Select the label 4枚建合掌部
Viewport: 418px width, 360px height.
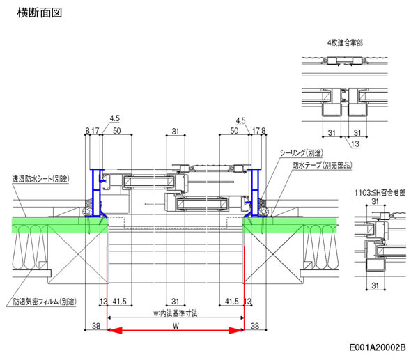point(345,42)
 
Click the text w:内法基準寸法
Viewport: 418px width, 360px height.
point(175,313)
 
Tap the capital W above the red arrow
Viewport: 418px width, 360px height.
point(175,324)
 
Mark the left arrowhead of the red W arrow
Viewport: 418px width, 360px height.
point(111,331)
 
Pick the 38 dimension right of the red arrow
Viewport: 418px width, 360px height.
point(255,324)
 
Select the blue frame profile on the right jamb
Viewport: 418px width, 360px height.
point(255,195)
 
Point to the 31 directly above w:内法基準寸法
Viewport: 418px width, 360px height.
point(175,301)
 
